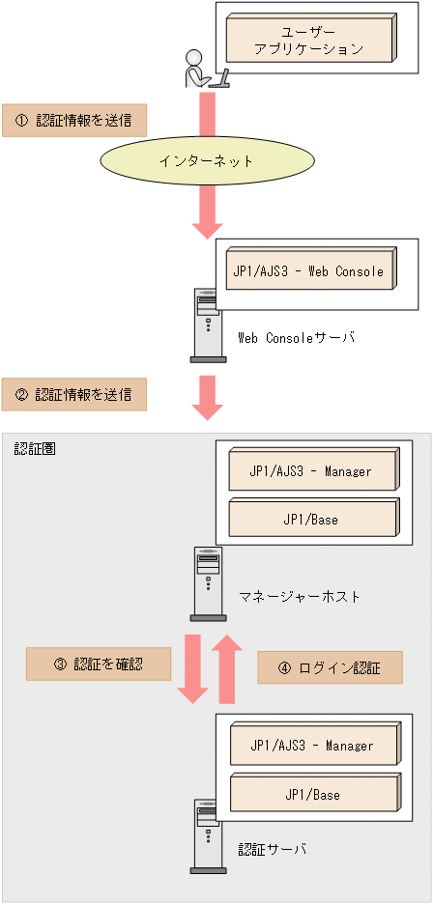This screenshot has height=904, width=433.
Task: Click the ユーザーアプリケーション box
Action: point(309,39)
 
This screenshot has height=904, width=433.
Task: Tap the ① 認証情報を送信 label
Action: point(73,120)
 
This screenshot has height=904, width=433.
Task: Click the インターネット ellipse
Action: point(207,161)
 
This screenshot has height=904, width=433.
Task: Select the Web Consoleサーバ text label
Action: point(297,338)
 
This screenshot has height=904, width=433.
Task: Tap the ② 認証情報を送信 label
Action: point(73,394)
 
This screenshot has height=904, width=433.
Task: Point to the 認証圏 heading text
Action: point(35,449)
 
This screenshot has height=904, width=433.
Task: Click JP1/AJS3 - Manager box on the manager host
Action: point(312,472)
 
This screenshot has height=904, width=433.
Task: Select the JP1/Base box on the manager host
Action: point(312,520)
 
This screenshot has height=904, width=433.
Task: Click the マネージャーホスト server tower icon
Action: point(208,583)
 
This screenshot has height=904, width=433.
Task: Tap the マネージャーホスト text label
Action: point(300,597)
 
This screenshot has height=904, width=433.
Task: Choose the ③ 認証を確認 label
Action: point(98,664)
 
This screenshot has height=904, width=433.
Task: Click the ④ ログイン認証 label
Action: point(330,667)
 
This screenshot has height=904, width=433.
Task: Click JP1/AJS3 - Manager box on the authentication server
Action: point(312,747)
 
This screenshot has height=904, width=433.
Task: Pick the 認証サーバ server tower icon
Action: point(208,834)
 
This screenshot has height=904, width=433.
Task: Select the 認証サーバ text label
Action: point(273,849)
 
